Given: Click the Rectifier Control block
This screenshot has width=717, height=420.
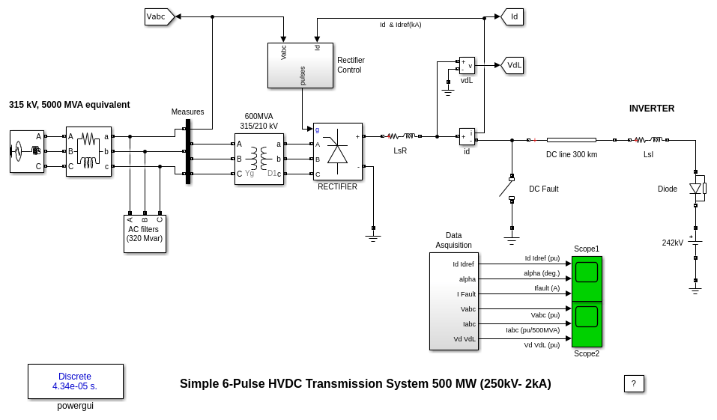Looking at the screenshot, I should [x=300, y=65].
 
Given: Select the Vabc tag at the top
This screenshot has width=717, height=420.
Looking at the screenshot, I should [x=158, y=16].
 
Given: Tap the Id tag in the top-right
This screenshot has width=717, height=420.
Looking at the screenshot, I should [x=513, y=16].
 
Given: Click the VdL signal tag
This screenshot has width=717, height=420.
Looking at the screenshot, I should [x=513, y=65].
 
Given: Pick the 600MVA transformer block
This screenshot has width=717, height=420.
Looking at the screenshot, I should [x=258, y=159].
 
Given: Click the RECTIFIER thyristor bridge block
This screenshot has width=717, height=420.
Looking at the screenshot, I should [x=337, y=151].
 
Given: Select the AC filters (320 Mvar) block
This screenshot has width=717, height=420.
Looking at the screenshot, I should [x=145, y=234].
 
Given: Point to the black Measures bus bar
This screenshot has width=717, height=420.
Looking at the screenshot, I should [x=188, y=151].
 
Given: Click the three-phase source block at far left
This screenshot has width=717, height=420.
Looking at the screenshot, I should [x=26, y=151].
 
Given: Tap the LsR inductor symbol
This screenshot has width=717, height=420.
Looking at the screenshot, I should [x=401, y=136].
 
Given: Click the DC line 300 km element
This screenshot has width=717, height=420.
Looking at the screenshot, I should [x=571, y=140].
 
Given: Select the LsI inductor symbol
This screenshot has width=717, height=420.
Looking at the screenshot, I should [x=648, y=139].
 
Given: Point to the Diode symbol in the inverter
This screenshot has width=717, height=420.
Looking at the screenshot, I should [x=696, y=189].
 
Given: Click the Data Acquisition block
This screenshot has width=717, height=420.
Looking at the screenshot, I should [x=453, y=301].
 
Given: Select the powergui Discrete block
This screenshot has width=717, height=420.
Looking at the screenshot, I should [x=75, y=381].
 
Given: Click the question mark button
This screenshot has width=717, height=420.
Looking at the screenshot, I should [x=633, y=383].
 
